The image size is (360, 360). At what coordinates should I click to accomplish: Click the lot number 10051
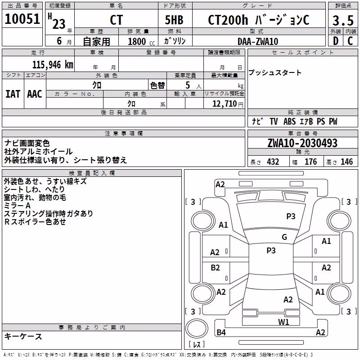(22, 19)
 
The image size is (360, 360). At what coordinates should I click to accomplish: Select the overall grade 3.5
(343, 20)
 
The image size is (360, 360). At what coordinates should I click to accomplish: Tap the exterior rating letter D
(336, 41)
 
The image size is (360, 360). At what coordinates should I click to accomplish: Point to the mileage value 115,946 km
(53, 65)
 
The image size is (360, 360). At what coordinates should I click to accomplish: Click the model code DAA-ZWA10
(258, 41)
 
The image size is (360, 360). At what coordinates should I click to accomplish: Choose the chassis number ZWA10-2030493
(302, 143)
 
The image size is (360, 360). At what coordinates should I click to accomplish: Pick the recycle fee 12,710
(224, 104)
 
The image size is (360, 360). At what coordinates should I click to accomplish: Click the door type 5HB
(174, 20)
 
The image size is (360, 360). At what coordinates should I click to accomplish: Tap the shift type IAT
(13, 94)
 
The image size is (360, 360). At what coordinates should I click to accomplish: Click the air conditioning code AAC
(35, 94)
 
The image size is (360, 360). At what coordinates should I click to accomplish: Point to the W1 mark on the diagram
(283, 322)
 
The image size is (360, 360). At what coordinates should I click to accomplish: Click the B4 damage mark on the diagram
(221, 332)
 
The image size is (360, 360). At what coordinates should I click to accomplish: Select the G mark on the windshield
(284, 237)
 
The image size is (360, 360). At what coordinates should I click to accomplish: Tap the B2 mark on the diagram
(215, 268)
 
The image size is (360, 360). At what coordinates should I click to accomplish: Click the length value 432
(273, 162)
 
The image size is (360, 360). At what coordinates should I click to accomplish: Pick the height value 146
(346, 162)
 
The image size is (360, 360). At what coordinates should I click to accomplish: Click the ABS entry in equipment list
(289, 121)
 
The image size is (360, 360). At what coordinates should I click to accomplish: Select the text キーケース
(23, 337)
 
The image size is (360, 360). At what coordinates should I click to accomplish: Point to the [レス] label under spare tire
(197, 344)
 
